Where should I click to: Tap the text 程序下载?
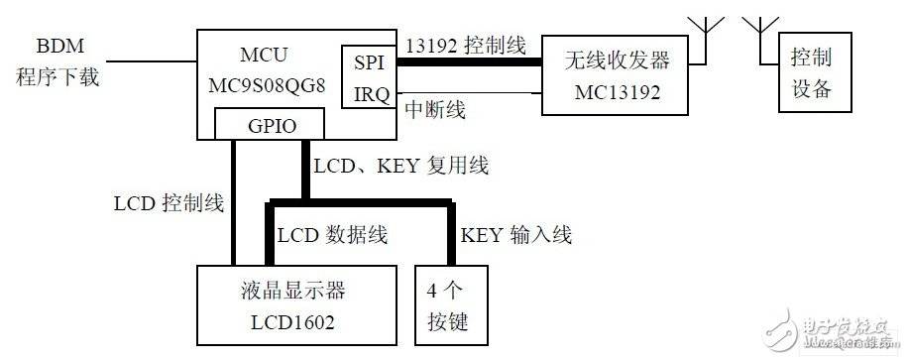(57, 77)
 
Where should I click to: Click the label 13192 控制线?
(465, 47)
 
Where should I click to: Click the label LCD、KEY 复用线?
(399, 166)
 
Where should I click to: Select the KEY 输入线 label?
(515, 235)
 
